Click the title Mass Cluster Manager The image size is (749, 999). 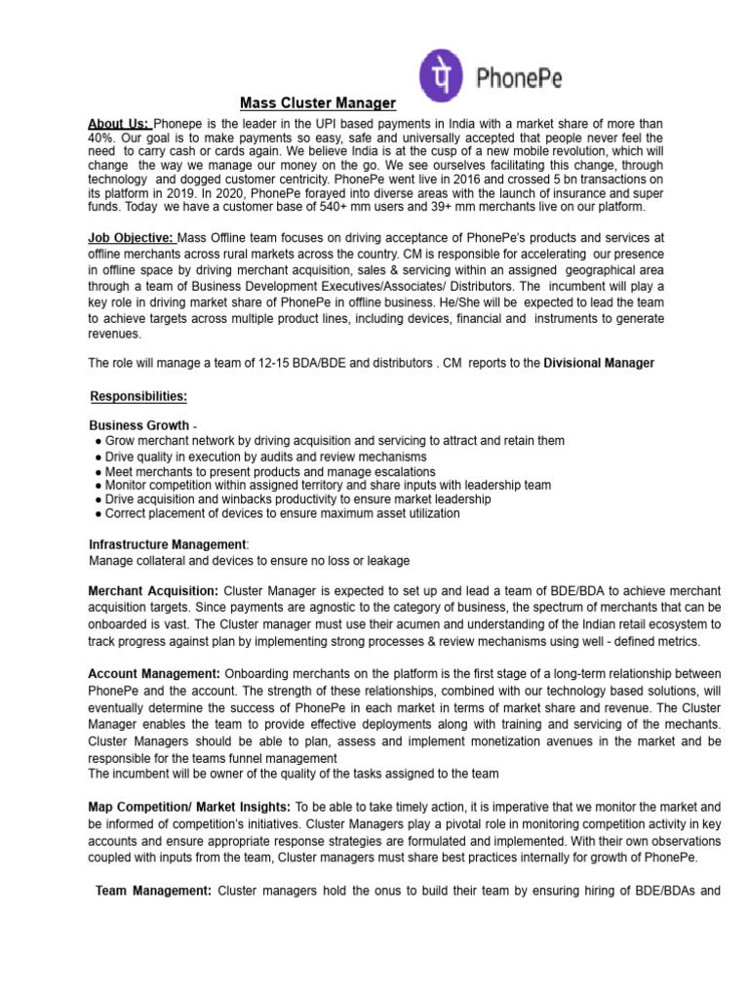pyautogui.click(x=318, y=102)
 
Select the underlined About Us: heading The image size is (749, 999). pyautogui.click(x=119, y=124)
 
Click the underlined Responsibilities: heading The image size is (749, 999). pyautogui.click(x=138, y=396)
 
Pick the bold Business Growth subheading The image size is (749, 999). pyautogui.click(x=139, y=426)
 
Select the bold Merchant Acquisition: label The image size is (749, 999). pyautogui.click(x=154, y=591)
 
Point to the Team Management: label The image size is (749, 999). pyautogui.click(x=154, y=890)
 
